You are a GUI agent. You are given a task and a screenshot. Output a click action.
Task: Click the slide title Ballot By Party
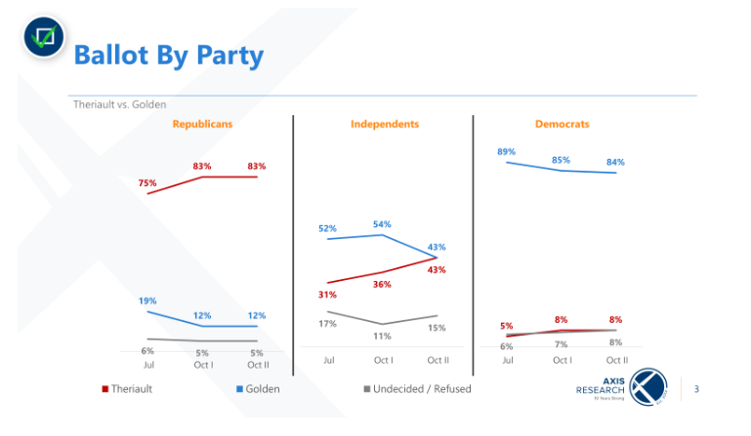coord(169,55)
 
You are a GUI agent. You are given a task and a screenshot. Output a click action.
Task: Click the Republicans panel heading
coord(202,125)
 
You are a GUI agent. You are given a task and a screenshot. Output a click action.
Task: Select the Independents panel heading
coord(385,125)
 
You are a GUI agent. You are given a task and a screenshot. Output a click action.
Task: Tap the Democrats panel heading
coord(562,125)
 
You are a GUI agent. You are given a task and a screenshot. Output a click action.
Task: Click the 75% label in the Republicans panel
coord(147,182)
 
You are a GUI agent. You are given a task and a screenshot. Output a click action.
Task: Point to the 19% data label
coord(147,300)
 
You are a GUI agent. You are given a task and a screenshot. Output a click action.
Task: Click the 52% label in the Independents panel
coord(326,228)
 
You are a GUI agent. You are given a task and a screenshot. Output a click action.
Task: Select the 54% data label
coord(382,224)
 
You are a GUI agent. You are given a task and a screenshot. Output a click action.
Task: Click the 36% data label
coord(382,284)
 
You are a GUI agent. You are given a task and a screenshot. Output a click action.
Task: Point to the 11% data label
coord(382,337)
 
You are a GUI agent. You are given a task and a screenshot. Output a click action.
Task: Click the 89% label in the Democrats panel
coord(506,151)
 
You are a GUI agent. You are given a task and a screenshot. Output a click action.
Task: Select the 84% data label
coord(615,162)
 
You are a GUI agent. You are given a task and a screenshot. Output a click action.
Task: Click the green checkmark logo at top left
coord(42,38)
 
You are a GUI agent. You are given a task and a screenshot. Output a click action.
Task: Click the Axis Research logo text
coord(599,388)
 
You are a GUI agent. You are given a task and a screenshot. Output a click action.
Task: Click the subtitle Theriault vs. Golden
coord(119,104)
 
